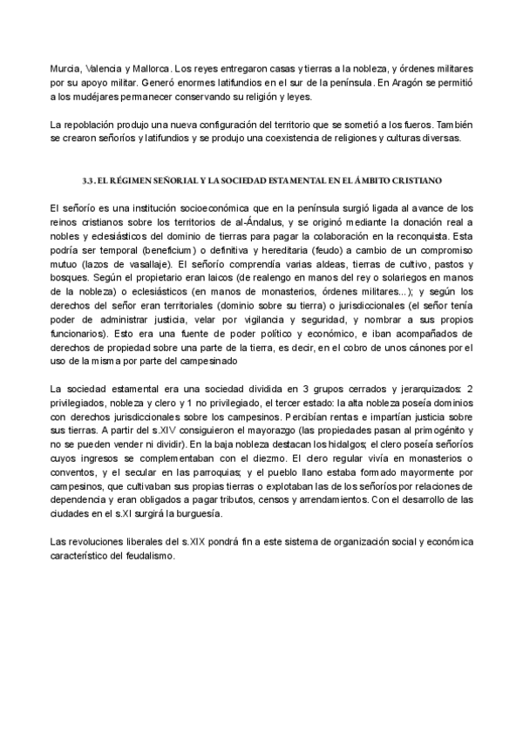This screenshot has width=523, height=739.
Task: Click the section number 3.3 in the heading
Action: [x=87, y=180]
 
